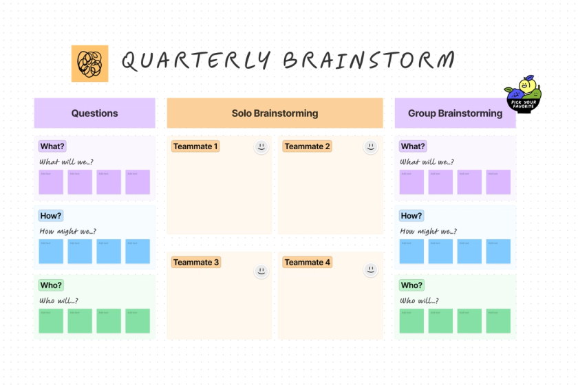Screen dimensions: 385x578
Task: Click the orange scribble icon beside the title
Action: point(89,63)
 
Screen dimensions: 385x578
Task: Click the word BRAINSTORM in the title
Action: point(369,61)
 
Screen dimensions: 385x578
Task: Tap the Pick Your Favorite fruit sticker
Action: point(524,95)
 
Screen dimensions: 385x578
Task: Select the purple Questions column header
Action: point(94,113)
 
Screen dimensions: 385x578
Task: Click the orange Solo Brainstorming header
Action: point(275,113)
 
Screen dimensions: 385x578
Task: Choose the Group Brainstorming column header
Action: point(455,113)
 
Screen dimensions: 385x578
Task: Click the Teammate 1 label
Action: point(195,146)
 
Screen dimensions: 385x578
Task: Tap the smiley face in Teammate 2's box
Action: point(371,146)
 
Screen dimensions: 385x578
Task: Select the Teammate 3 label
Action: point(196,263)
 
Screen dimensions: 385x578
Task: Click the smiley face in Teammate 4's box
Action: point(371,270)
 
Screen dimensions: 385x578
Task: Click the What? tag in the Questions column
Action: point(52,146)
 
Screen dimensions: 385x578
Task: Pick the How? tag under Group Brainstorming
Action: point(411,216)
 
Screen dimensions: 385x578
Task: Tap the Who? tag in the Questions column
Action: point(52,285)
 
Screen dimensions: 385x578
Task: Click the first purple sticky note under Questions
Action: point(51,182)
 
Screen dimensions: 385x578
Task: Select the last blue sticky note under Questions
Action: point(138,252)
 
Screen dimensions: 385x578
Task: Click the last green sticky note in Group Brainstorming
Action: point(498,321)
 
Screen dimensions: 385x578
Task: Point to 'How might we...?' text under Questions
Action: point(68,232)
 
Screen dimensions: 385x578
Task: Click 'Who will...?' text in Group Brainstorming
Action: point(419,301)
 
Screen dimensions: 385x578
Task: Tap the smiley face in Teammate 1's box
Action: point(261,146)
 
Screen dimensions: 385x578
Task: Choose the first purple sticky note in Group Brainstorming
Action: point(411,182)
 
